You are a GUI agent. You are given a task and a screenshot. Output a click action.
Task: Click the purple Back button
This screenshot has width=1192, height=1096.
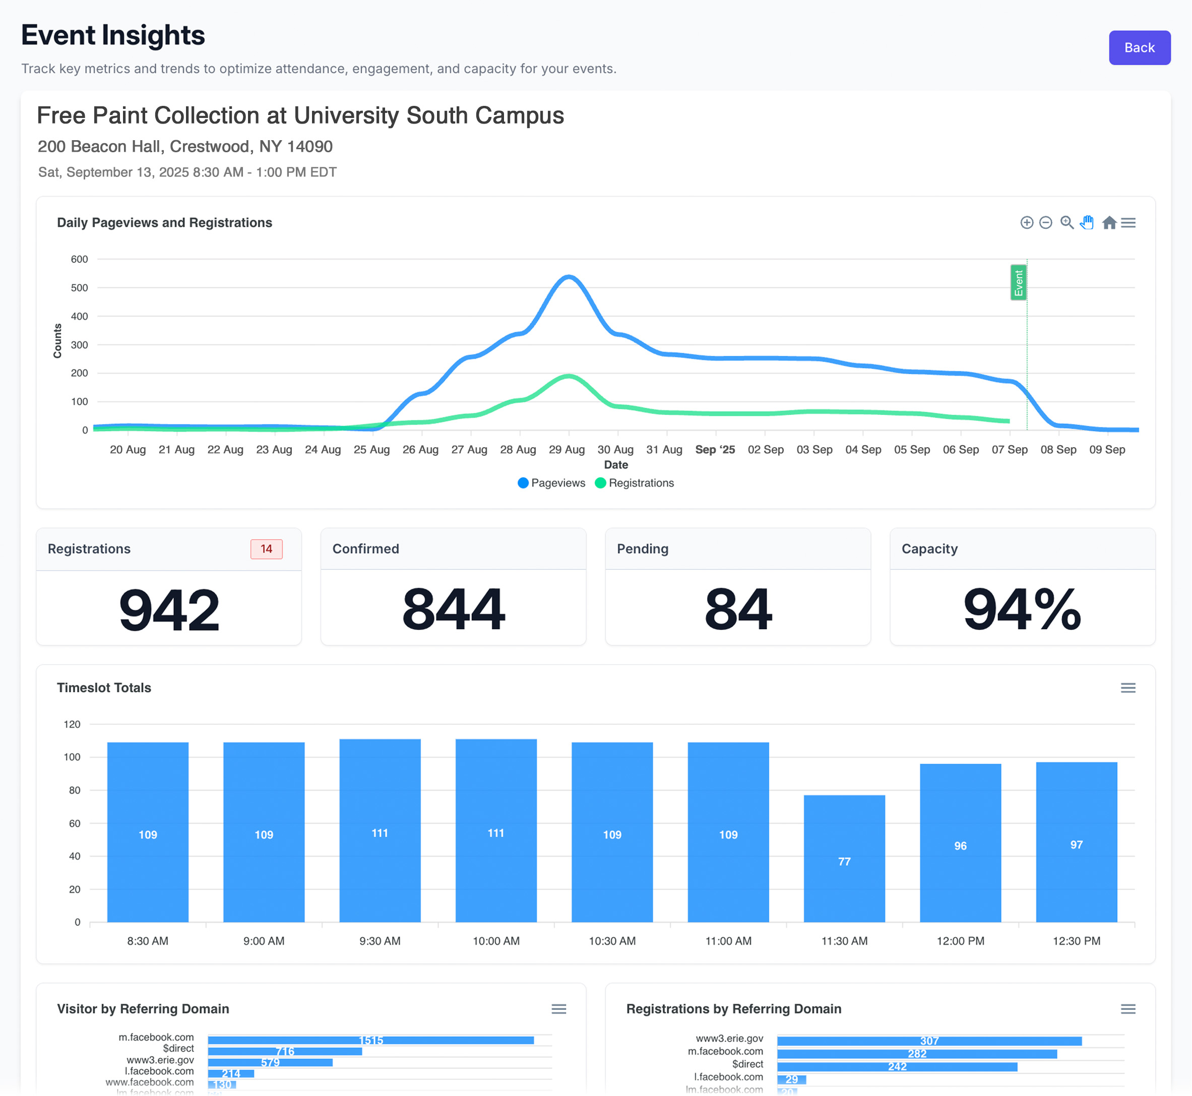pyautogui.click(x=1139, y=47)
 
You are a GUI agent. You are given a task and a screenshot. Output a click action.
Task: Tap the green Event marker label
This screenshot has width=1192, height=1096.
pyautogui.click(x=1018, y=283)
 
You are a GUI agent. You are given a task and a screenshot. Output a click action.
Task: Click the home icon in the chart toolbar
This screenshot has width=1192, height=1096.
pyautogui.click(x=1109, y=222)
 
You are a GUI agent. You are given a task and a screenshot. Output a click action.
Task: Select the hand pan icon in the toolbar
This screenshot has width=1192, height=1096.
pyautogui.click(x=1087, y=222)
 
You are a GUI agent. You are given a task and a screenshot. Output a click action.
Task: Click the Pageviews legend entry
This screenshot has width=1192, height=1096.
pyautogui.click(x=551, y=483)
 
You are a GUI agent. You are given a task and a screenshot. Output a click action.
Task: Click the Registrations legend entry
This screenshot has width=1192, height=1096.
pyautogui.click(x=635, y=483)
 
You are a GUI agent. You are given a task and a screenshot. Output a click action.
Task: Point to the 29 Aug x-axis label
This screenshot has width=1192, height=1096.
pyautogui.click(x=567, y=450)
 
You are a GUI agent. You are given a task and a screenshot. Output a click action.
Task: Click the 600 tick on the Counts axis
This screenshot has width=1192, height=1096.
pyautogui.click(x=80, y=259)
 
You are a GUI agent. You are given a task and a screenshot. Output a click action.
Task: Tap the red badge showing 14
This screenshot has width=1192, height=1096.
pyautogui.click(x=266, y=549)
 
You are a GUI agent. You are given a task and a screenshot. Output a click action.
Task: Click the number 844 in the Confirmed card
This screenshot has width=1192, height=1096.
pyautogui.click(x=453, y=609)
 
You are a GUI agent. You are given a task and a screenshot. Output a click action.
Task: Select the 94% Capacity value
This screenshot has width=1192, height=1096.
pyautogui.click(x=1022, y=609)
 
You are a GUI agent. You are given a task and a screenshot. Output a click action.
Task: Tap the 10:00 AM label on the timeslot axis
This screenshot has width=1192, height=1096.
pyautogui.click(x=496, y=941)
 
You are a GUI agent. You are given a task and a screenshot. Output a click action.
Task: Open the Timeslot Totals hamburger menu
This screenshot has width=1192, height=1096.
pyautogui.click(x=1127, y=688)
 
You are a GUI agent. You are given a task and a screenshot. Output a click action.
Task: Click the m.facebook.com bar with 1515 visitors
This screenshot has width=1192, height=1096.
pyautogui.click(x=370, y=1040)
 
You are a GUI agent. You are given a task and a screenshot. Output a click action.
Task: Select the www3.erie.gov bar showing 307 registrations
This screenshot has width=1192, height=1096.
pyautogui.click(x=929, y=1041)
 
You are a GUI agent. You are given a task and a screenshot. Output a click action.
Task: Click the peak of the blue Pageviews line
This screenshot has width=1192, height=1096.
pyautogui.click(x=568, y=277)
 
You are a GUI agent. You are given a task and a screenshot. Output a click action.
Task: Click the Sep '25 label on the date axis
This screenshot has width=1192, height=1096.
pyautogui.click(x=715, y=450)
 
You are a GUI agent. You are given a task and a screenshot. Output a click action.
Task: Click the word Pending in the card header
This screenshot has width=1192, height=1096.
pyautogui.click(x=642, y=549)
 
